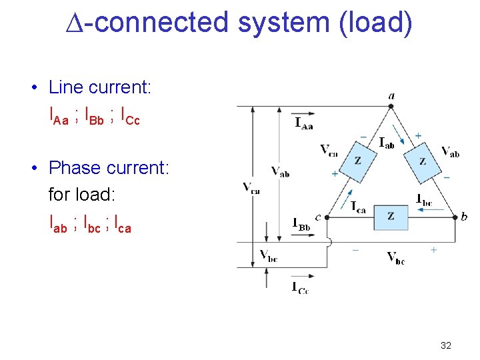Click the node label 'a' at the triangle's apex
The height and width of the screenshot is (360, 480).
[x=391, y=96]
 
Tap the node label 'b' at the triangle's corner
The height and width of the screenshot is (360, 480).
[x=464, y=217]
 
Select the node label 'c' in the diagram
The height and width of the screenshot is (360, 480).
[x=318, y=217]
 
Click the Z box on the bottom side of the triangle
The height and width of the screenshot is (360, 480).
[x=390, y=216]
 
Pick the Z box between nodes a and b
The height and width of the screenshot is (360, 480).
[x=422, y=162]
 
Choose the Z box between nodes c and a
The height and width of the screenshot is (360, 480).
[x=357, y=162]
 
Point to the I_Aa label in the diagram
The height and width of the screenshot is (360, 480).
[x=304, y=123]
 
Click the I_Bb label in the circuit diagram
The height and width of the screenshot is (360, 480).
[x=302, y=225]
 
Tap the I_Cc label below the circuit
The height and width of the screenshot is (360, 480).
[x=301, y=287]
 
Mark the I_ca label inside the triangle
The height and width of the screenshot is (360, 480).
[x=358, y=206]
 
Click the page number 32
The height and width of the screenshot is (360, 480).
[x=446, y=345]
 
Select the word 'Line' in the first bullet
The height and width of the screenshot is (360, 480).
[x=65, y=87]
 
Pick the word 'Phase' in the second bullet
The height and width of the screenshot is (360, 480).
[x=74, y=167]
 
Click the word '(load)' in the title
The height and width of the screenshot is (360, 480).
[x=375, y=23]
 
